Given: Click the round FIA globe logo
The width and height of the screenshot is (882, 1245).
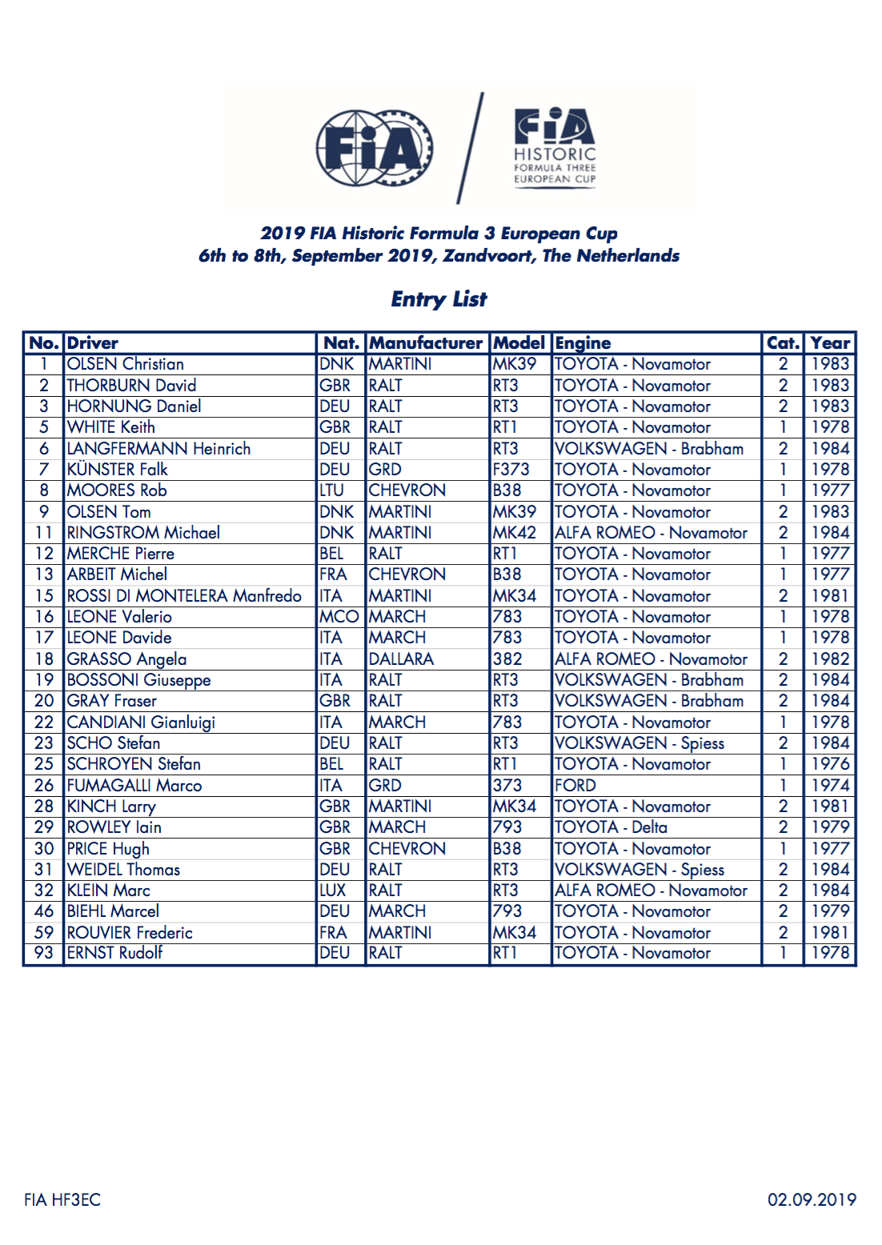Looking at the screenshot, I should pyautogui.click(x=375, y=149).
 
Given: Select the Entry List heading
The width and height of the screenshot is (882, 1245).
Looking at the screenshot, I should pyautogui.click(x=439, y=299).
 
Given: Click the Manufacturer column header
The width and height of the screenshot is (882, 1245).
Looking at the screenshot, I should pyautogui.click(x=426, y=343).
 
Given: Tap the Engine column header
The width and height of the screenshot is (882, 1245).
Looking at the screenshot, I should pyautogui.click(x=583, y=343).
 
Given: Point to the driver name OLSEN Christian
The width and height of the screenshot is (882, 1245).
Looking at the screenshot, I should pyautogui.click(x=126, y=364).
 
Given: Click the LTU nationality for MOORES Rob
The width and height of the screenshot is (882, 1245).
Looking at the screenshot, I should pyautogui.click(x=332, y=490).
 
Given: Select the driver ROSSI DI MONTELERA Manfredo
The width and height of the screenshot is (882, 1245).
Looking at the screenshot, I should pyautogui.click(x=184, y=596).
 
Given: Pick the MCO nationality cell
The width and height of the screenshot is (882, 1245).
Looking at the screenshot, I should pyautogui.click(x=339, y=617).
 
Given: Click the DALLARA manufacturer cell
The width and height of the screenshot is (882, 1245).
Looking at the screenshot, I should pyautogui.click(x=401, y=659).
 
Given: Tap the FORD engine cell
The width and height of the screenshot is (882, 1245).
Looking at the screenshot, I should pyautogui.click(x=575, y=786).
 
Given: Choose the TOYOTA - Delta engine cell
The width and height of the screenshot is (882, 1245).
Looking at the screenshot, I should pyautogui.click(x=611, y=827).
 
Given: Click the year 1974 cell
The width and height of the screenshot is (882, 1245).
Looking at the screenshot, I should pyautogui.click(x=830, y=786).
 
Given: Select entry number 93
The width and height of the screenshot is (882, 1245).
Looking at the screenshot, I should pyautogui.click(x=44, y=953).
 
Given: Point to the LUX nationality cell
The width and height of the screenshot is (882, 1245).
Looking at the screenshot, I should pyautogui.click(x=333, y=891).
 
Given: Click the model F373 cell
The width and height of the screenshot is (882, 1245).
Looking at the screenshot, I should pyautogui.click(x=511, y=470).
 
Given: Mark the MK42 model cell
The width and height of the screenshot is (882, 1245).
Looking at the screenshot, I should pyautogui.click(x=515, y=533).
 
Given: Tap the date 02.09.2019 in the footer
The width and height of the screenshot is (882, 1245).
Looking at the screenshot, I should pyautogui.click(x=812, y=1199).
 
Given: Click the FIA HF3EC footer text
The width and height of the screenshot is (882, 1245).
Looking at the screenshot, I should pyautogui.click(x=62, y=1199).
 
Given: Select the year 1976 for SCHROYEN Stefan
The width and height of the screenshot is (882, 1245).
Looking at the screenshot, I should pyautogui.click(x=830, y=764).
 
